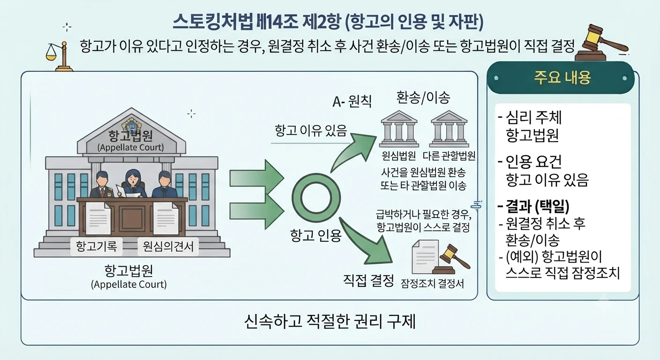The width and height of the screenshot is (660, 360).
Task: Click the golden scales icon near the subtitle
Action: (x=60, y=56)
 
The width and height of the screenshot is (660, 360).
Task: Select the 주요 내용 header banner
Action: (x=561, y=78)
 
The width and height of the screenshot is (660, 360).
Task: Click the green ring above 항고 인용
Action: (x=316, y=198)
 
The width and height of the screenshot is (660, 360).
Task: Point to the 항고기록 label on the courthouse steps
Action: (x=97, y=246)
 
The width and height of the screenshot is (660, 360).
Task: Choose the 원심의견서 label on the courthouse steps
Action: (x=168, y=246)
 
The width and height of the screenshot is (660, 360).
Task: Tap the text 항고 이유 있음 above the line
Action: (x=311, y=130)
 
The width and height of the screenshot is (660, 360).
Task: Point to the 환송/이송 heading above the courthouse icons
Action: (x=423, y=97)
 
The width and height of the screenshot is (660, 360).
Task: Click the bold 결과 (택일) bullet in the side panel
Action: (x=533, y=206)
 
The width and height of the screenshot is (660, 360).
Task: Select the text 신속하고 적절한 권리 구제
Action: (x=330, y=322)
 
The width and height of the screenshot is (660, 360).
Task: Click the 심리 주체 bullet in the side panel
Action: (x=530, y=117)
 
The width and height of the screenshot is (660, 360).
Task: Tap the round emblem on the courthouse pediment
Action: (x=131, y=126)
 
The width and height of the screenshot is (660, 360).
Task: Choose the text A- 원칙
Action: (x=352, y=102)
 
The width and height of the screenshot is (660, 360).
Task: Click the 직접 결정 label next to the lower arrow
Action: (x=368, y=280)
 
